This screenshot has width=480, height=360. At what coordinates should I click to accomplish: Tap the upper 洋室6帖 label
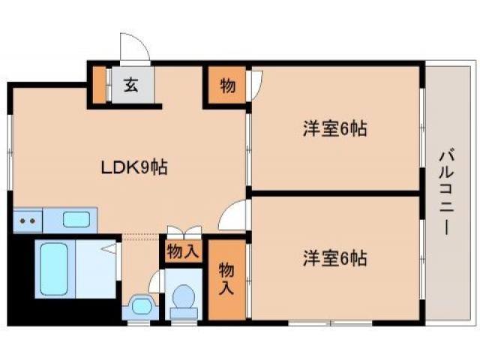pyautogui.click(x=334, y=129)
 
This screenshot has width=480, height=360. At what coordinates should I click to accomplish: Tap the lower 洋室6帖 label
pyautogui.click(x=334, y=259)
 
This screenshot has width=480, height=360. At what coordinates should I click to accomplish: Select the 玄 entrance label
pyautogui.click(x=131, y=85)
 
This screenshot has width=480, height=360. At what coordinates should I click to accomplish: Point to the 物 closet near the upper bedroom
pyautogui.click(x=226, y=85)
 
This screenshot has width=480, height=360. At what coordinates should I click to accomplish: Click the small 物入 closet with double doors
pyautogui.click(x=183, y=250)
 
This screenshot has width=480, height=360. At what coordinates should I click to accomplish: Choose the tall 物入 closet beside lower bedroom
pyautogui.click(x=226, y=277)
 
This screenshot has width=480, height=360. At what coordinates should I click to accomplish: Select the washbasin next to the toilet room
pyautogui.click(x=140, y=305)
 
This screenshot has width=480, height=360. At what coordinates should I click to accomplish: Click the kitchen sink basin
pyautogui.click(x=76, y=220)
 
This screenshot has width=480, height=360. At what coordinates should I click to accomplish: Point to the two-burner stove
pyautogui.click(x=28, y=220)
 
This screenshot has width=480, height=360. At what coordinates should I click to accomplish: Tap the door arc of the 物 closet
pyautogui.click(x=256, y=82)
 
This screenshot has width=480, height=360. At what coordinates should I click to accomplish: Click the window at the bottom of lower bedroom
pyautogui.click(x=330, y=323)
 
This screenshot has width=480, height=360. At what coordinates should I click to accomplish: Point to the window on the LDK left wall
pyautogui.click(x=10, y=150)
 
